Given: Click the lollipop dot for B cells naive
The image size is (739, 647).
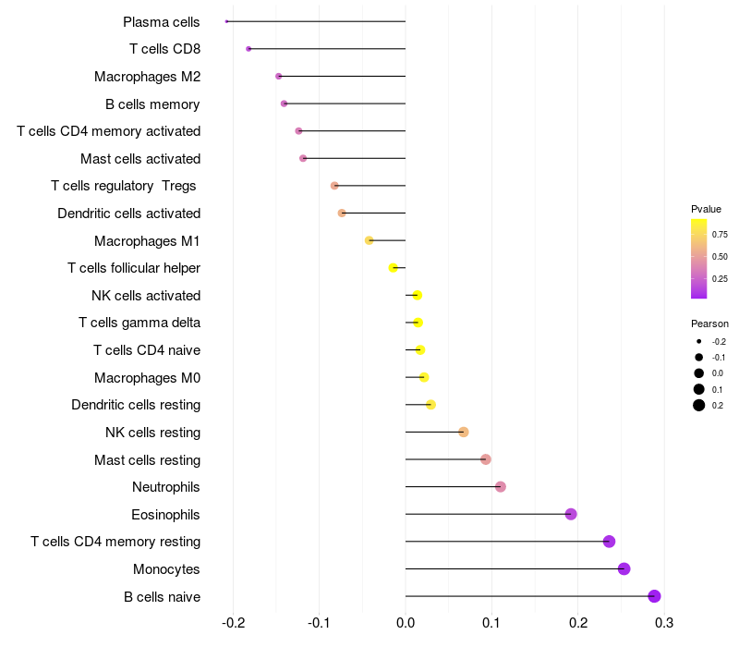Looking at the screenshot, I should click(654, 596).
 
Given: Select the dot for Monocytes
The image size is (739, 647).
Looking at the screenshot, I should click(624, 569).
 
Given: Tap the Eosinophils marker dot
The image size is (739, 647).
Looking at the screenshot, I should click(571, 514).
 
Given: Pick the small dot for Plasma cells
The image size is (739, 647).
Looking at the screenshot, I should click(226, 21).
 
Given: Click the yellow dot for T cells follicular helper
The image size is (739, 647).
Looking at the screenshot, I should click(394, 268).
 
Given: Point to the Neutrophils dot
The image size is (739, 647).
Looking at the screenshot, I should click(501, 487).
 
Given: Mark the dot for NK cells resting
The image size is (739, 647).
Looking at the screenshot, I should click(464, 432).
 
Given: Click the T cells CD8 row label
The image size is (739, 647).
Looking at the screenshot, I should click(164, 49).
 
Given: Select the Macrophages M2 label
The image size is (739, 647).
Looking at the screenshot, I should click(147, 76).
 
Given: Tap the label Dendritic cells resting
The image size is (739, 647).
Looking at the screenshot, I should click(136, 405).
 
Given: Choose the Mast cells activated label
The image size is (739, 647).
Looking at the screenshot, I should click(140, 158).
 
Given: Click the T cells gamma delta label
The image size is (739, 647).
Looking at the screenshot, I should click(139, 323).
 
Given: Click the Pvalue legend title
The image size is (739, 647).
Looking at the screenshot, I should click(706, 209).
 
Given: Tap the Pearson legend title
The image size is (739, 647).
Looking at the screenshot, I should click(709, 324).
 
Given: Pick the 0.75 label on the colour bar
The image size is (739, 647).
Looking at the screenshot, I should click(721, 235).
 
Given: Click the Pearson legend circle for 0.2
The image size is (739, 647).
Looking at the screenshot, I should click(699, 405).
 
